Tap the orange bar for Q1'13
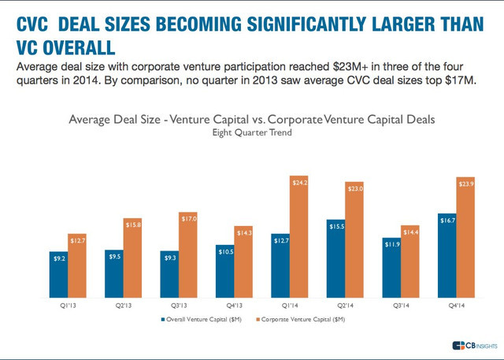pyautogui.click(x=77, y=267)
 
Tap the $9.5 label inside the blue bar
pyautogui.click(x=114, y=256)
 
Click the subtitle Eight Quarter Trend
pyautogui.click(x=251, y=133)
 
